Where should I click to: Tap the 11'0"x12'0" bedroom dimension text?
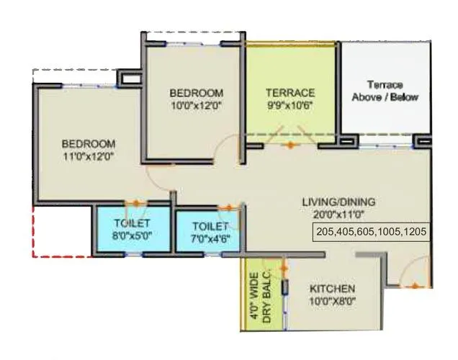click(x=88, y=155)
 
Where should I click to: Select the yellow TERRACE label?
click(x=290, y=93)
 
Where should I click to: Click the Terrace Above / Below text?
click(x=384, y=91)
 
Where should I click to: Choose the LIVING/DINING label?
click(x=338, y=202)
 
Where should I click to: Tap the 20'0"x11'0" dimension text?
click(x=338, y=215)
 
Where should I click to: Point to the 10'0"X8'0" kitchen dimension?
click(x=333, y=301)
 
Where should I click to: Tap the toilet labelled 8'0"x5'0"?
click(x=130, y=229)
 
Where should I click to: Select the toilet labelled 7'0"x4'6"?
click(x=207, y=229)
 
